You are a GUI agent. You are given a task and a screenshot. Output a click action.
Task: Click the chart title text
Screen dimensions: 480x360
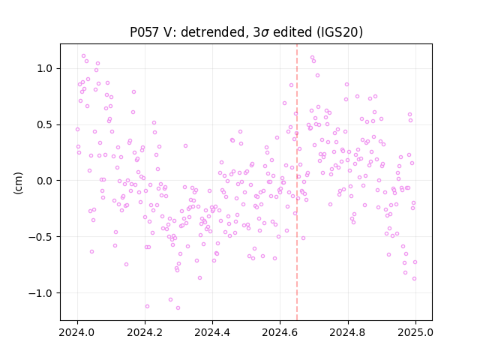246,32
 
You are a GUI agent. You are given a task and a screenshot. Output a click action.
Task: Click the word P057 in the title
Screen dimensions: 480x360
144,32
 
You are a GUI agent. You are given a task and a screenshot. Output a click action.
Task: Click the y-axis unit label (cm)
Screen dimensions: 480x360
18,182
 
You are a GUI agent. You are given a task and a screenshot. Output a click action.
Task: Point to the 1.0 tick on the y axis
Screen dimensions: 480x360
45,68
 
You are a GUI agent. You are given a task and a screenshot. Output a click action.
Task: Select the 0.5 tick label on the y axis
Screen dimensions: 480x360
45,125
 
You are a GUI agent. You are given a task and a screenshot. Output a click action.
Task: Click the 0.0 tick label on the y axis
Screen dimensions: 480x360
45,181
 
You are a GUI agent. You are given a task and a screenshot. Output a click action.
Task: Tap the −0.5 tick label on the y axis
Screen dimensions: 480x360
41,237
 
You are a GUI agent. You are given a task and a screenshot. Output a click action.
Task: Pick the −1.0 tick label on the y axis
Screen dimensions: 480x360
41,293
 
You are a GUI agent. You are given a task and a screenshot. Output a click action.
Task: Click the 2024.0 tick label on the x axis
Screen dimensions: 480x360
77,332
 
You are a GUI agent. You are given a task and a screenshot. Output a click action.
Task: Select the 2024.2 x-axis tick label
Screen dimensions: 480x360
145,332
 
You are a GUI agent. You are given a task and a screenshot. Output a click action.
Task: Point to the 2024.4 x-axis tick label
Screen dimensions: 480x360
212,332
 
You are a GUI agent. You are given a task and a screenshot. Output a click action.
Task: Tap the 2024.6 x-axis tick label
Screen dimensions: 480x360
280,332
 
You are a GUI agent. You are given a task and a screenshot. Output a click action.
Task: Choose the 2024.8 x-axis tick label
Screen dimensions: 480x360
347,332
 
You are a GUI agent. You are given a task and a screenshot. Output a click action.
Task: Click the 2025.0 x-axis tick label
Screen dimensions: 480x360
415,332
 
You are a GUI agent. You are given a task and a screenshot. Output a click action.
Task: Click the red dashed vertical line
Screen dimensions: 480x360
297,182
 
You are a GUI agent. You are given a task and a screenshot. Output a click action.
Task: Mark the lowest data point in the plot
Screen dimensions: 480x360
178,307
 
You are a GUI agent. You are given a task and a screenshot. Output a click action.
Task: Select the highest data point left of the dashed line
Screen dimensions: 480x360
83,56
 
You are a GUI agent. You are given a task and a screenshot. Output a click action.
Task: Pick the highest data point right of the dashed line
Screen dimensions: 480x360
312,57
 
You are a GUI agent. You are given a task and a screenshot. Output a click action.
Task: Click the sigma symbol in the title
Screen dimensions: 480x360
265,33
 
